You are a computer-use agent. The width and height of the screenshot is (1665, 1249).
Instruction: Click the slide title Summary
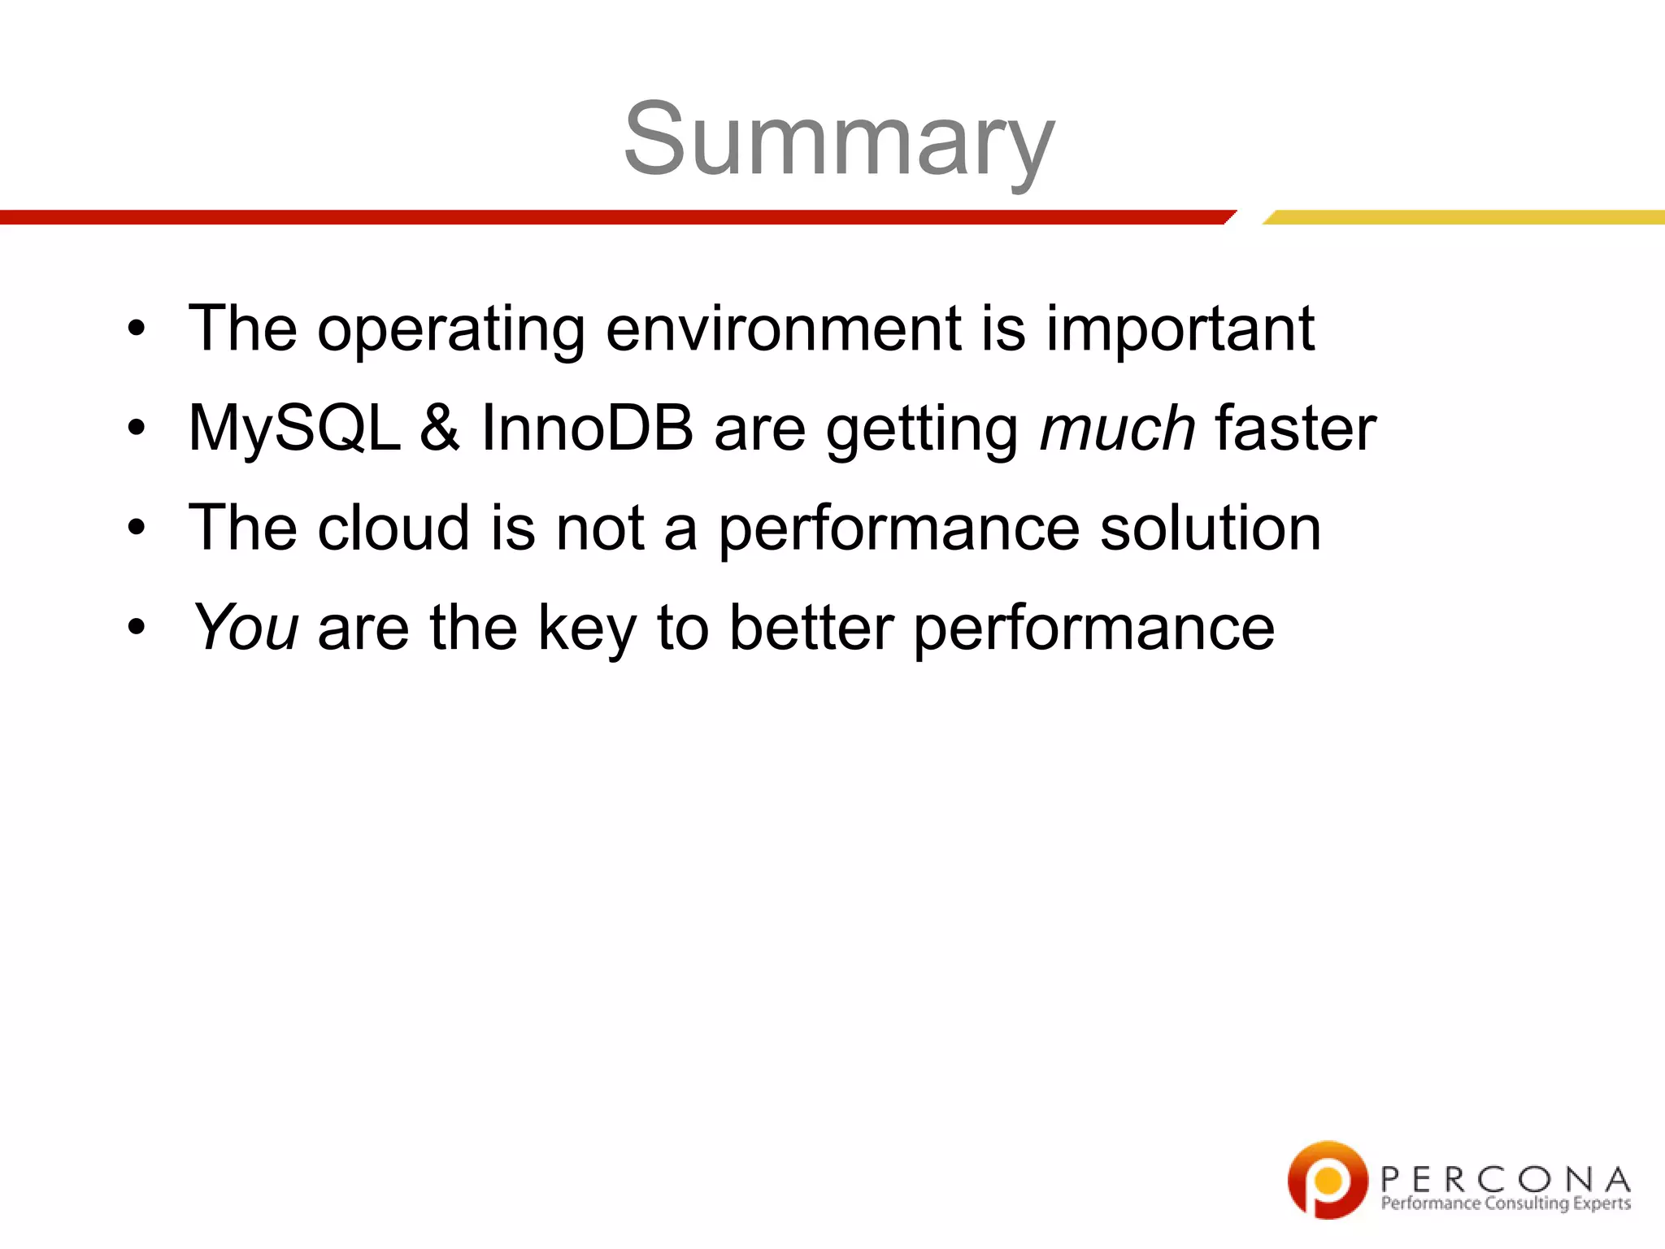[x=839, y=140]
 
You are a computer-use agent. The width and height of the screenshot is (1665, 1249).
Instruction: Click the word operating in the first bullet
[x=450, y=330]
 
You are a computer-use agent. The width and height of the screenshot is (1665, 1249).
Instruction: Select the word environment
[x=784, y=329]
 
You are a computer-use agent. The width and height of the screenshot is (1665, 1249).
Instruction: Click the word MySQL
[x=294, y=429]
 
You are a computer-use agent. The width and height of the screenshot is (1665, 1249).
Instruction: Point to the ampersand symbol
[x=440, y=429]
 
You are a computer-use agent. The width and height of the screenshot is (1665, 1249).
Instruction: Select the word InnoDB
[x=587, y=429]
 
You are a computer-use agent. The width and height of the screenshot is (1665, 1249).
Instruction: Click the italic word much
[x=1117, y=429]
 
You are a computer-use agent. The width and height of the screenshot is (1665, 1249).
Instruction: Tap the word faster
[x=1295, y=429]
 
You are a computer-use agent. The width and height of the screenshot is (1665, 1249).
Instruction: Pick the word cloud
[x=393, y=528]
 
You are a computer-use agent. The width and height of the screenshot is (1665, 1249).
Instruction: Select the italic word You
[x=246, y=628]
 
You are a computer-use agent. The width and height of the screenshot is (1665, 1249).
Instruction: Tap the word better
[x=811, y=628]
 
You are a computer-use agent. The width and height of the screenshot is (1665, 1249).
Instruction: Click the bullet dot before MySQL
[x=137, y=429]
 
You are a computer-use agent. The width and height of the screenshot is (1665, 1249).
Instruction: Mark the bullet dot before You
[x=137, y=628]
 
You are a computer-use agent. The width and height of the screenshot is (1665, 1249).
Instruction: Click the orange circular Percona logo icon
[x=1327, y=1179]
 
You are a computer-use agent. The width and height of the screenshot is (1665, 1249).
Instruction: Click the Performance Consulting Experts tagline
[x=1506, y=1203]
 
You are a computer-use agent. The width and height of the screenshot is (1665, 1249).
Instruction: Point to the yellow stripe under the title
[x=1463, y=217]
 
